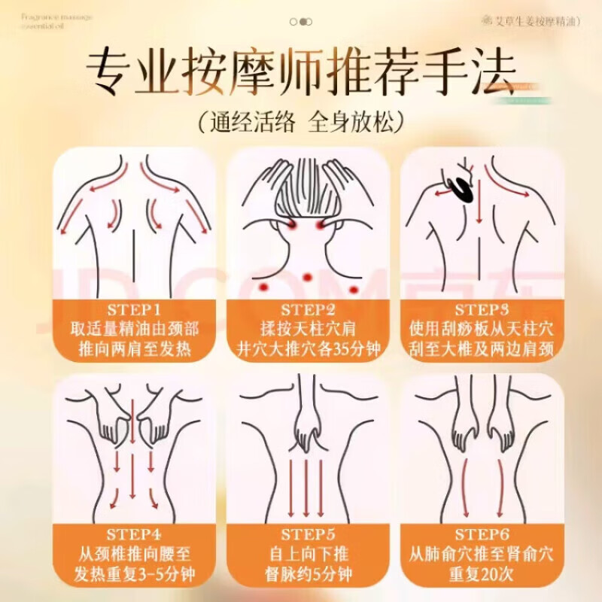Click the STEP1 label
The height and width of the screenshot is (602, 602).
(x=135, y=309)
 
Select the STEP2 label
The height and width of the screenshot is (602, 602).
(x=308, y=309)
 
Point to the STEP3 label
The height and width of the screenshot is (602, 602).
(x=482, y=309)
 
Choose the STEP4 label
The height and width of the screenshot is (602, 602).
(x=135, y=534)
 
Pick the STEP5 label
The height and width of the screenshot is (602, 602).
(x=308, y=534)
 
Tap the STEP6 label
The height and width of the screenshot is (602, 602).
(x=482, y=534)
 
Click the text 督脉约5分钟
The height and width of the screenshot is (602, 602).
(x=308, y=573)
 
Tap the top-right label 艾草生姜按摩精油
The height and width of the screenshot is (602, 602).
(x=531, y=22)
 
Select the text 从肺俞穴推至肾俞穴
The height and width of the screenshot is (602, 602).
(x=482, y=555)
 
